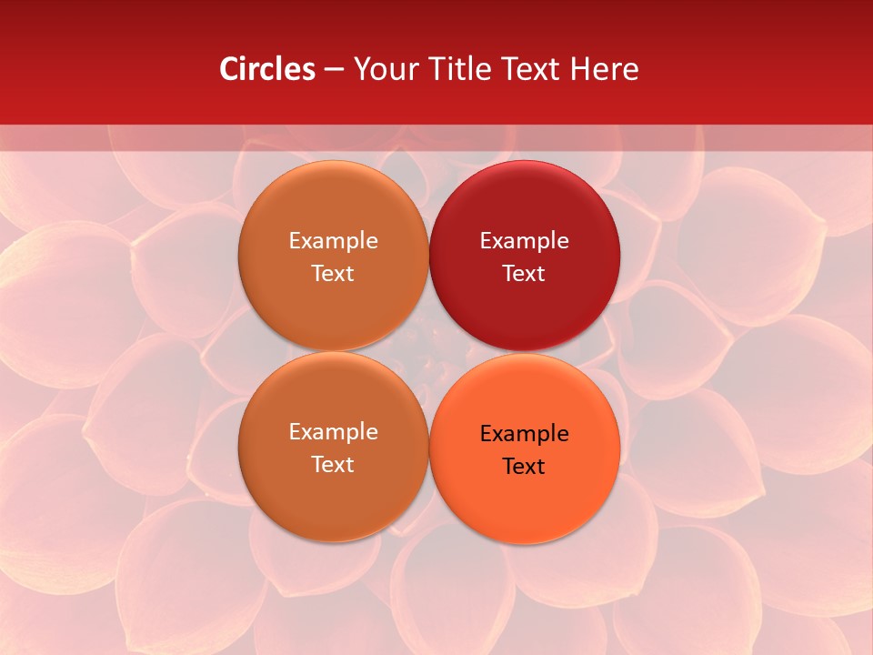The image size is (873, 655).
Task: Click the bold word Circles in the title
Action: (x=267, y=69)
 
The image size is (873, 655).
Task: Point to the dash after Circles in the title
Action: (x=334, y=70)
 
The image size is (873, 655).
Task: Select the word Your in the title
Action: (x=382, y=69)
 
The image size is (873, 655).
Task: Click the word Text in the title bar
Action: (x=529, y=69)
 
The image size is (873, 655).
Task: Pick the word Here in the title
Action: (x=604, y=69)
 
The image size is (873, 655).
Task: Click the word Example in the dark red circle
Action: (x=525, y=241)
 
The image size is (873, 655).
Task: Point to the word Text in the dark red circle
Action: (x=525, y=274)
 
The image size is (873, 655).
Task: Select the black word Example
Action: (x=525, y=434)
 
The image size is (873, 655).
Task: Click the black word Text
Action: (x=525, y=467)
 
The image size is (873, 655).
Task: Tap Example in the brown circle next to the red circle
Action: (x=333, y=241)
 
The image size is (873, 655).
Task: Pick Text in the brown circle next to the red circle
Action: (x=333, y=274)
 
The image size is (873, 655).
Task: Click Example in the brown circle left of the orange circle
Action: (x=333, y=432)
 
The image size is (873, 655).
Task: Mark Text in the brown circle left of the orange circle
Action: (x=333, y=465)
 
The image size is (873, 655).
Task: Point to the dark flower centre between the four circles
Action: (x=429, y=350)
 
